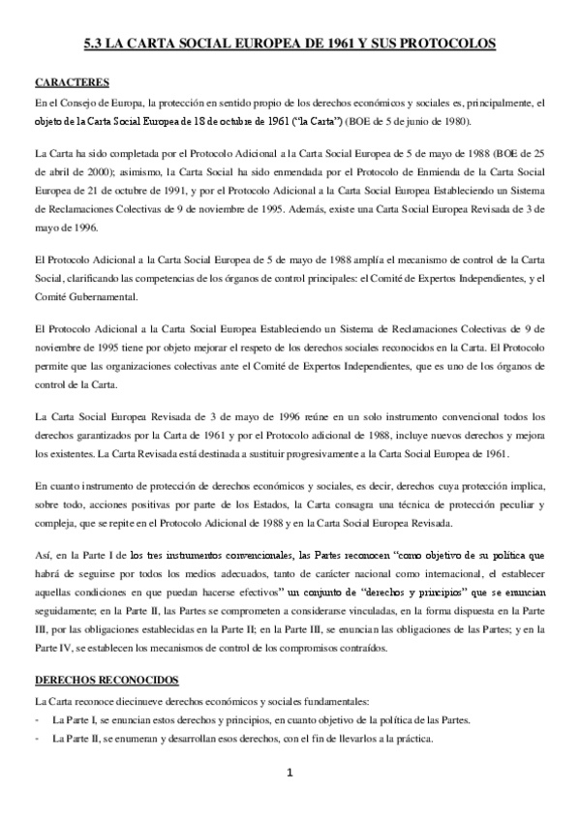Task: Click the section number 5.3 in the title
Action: (94, 44)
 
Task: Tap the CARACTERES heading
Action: (71, 82)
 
